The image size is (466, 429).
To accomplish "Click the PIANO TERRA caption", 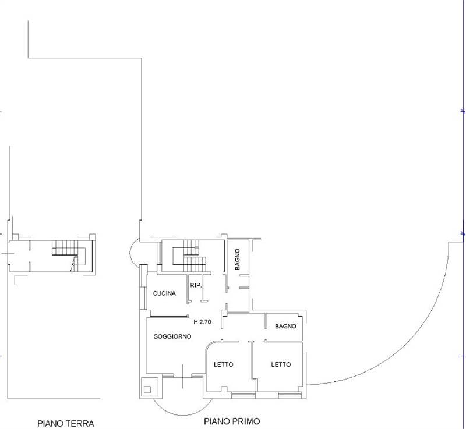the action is [66, 423].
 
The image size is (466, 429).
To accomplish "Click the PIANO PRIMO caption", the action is [232, 421].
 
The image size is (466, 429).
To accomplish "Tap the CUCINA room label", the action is [164, 293].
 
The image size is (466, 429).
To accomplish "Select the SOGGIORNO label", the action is [172, 336].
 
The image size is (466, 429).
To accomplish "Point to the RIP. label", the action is [196, 285].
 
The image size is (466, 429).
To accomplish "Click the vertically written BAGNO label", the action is [237, 259].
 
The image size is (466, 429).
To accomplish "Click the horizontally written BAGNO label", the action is [285, 327].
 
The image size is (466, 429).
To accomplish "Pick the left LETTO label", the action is [224, 364].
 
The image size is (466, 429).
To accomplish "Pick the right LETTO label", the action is [281, 364].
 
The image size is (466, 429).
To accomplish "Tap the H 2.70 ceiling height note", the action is [202, 321].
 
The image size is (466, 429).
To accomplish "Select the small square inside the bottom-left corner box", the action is [147, 389].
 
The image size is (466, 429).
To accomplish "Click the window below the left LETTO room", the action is [243, 395].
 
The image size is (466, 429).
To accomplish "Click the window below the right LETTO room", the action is [290, 395].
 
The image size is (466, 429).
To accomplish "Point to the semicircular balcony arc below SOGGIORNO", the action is [183, 415].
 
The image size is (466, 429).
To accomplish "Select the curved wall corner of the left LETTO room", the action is [210, 345].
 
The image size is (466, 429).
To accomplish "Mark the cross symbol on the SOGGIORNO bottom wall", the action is [183, 376].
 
